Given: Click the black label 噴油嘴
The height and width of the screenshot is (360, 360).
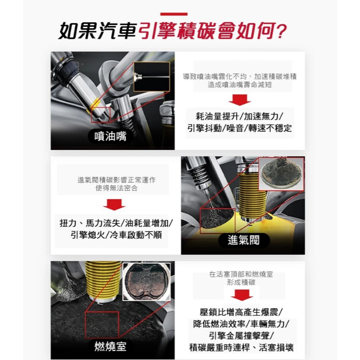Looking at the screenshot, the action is pos(110,136).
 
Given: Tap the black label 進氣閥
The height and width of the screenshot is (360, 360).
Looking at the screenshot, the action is pos(244,240).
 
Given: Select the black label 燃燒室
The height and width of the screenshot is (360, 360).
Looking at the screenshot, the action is pos(110,346).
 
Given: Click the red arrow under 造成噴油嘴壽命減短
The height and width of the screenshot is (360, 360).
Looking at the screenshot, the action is pos(240,100).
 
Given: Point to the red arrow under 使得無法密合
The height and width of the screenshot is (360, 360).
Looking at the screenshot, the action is pos(114,205).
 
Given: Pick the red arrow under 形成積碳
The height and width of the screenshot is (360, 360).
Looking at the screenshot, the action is pos(242,295).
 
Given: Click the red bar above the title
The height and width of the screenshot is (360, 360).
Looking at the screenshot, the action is pos(174,14).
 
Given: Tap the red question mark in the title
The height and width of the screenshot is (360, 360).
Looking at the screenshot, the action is pos(281,32).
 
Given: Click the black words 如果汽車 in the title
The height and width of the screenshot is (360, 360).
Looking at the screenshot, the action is pos(98,31).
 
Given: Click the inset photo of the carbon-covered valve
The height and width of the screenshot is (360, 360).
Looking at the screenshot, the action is pos(281,174).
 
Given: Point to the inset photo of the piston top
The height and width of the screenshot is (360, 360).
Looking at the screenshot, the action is pos(147,282).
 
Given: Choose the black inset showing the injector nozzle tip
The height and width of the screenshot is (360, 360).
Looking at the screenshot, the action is pos(152,77).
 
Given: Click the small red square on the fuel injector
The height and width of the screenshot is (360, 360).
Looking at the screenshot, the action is pos(101,115).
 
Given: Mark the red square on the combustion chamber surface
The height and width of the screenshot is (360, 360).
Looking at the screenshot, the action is pos(102,325).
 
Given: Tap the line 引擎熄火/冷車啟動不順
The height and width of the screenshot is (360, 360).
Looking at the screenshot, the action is pos(116,235).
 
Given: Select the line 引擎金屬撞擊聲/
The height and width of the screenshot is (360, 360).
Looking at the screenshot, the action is pos(241,335).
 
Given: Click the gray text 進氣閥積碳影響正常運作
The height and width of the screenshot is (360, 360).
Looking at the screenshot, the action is pos(116,180).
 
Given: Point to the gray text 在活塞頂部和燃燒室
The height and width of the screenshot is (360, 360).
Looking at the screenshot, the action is pos(241,274).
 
